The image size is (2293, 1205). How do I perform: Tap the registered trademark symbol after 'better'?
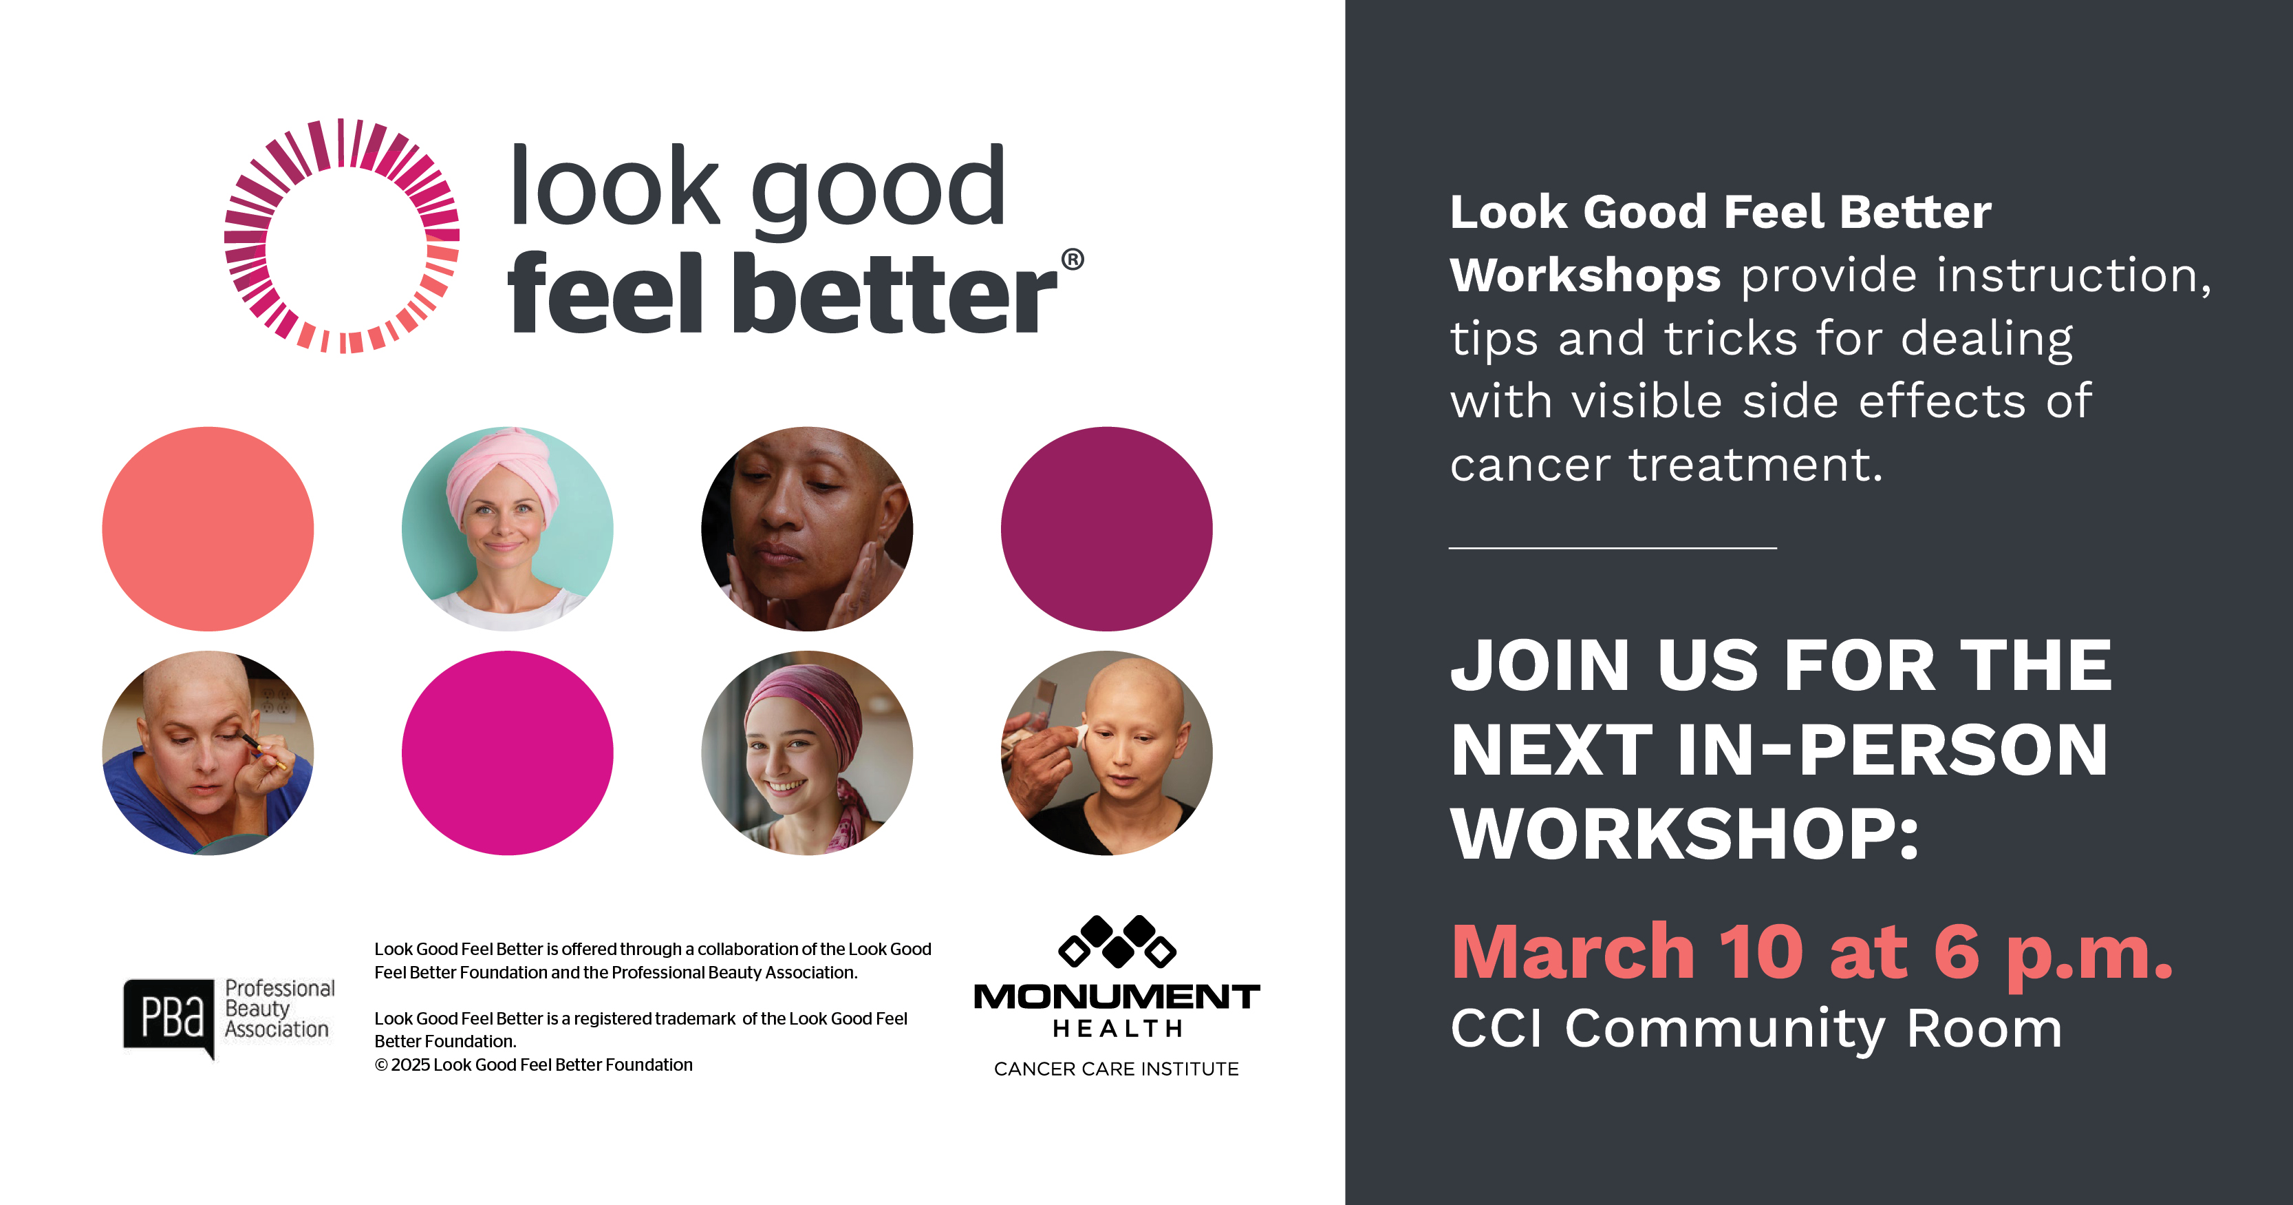pos(1073,259)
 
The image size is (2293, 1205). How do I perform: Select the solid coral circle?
pos(208,529)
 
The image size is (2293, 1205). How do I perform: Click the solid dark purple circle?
pos(1106,529)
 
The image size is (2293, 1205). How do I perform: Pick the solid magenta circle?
pos(508,753)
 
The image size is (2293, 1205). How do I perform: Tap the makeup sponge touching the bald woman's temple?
pos(1081,737)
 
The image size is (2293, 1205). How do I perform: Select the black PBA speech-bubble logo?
pos(170,1017)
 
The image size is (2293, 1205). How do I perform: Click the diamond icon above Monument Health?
pos(1117,941)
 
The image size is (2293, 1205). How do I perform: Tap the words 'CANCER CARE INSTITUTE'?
pos(1117,1069)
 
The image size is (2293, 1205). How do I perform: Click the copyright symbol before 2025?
pos(381,1065)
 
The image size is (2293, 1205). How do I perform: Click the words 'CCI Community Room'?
pos(1756,1029)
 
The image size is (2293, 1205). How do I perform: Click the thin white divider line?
pos(1613,547)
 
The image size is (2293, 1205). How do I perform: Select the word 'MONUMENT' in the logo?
pos(1117,996)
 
